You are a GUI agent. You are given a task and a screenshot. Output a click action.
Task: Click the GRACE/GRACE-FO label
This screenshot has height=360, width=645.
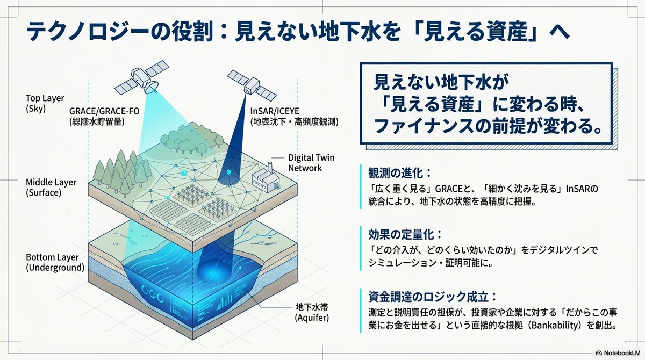(104, 116)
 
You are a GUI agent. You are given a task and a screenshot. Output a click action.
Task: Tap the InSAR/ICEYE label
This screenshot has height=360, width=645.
(294, 116)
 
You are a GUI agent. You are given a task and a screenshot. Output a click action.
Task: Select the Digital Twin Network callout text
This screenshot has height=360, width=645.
(311, 163)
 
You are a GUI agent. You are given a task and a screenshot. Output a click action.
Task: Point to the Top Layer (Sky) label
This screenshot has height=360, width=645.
(45, 103)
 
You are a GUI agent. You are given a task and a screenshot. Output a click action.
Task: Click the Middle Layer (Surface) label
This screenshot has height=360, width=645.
(51, 187)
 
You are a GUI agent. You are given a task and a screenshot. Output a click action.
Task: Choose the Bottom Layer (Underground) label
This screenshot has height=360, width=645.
(55, 262)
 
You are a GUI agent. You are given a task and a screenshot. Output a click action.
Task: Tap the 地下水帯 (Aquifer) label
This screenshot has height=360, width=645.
(312, 312)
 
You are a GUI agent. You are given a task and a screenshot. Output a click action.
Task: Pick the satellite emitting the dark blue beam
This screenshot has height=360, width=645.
(252, 85)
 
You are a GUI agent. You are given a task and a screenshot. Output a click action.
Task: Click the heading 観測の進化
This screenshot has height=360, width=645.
(400, 173)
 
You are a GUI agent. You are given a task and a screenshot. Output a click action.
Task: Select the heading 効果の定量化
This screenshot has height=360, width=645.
(405, 234)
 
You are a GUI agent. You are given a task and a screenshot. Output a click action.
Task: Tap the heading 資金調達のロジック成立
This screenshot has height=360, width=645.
(433, 297)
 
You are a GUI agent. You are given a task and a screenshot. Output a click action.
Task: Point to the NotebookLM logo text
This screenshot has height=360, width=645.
(621, 353)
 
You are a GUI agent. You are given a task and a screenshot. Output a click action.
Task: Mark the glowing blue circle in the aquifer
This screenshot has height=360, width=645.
(212, 270)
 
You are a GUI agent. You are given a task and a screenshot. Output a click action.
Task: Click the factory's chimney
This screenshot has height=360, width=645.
(270, 168)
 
